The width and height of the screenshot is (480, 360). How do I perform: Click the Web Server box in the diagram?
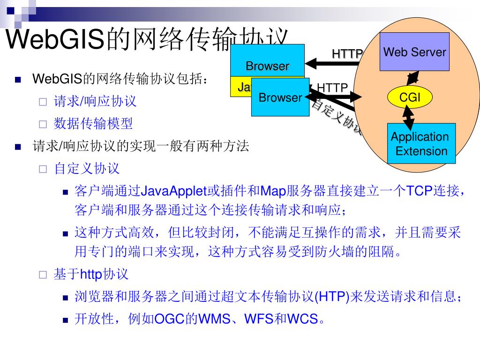(x=414, y=52)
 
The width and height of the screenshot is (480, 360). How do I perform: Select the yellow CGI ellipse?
(x=409, y=97)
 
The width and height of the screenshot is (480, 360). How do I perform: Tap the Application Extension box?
(x=421, y=143)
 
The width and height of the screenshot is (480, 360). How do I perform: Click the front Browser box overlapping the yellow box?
(x=280, y=97)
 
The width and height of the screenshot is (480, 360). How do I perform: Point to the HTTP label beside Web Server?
(x=347, y=54)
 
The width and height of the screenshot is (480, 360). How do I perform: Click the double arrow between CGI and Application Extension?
(x=409, y=117)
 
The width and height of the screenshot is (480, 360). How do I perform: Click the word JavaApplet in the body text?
(x=174, y=191)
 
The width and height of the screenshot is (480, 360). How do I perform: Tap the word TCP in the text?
(x=419, y=191)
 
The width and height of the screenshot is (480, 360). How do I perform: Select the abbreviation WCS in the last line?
(x=302, y=319)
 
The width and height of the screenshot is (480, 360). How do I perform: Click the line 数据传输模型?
(x=93, y=123)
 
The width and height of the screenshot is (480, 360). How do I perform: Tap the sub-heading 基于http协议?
(x=91, y=274)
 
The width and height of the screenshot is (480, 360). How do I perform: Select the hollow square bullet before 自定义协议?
(x=43, y=169)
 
